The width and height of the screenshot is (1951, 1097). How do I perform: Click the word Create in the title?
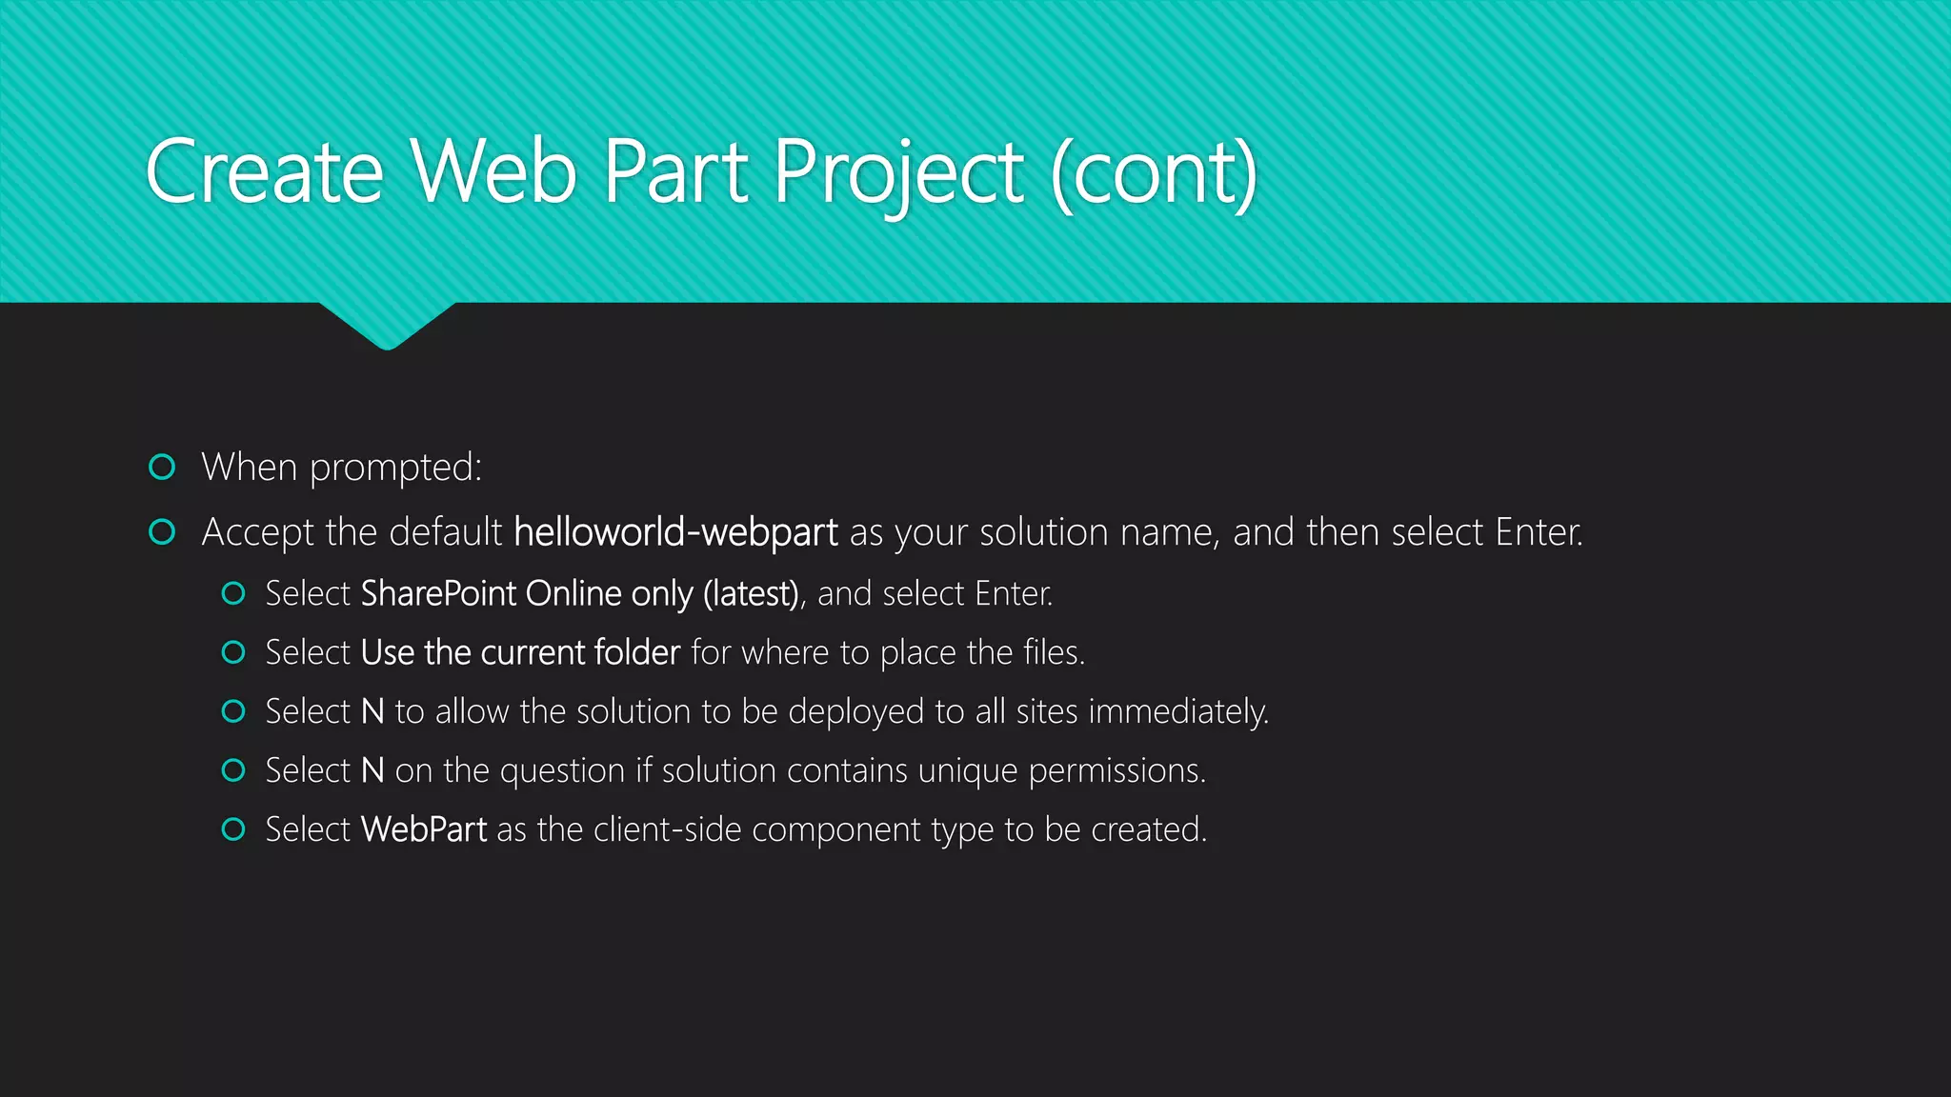pyautogui.click(x=264, y=172)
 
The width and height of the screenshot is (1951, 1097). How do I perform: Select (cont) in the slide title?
pyautogui.click(x=1154, y=172)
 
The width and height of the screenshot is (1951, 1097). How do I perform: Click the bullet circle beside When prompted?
pyautogui.click(x=163, y=467)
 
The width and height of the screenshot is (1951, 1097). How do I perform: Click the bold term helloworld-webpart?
pyautogui.click(x=675, y=532)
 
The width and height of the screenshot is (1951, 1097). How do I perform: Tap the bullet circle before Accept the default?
pyautogui.click(x=163, y=531)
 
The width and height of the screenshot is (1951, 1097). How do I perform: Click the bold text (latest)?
pyautogui.click(x=751, y=594)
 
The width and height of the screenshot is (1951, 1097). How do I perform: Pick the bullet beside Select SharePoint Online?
pyautogui.click(x=233, y=593)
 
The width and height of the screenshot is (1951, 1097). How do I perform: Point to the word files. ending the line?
pyautogui.click(x=1054, y=652)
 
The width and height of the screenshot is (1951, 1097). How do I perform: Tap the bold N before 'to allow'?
pyautogui.click(x=372, y=711)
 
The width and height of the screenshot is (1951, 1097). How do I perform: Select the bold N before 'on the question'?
pyautogui.click(x=372, y=770)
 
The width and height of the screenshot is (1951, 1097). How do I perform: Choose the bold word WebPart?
pyautogui.click(x=424, y=829)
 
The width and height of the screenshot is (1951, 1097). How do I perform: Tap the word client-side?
pyautogui.click(x=667, y=829)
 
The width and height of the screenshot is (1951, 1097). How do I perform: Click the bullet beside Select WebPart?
pyautogui.click(x=233, y=829)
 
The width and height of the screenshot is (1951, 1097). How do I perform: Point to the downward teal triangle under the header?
pyautogui.click(x=387, y=325)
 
